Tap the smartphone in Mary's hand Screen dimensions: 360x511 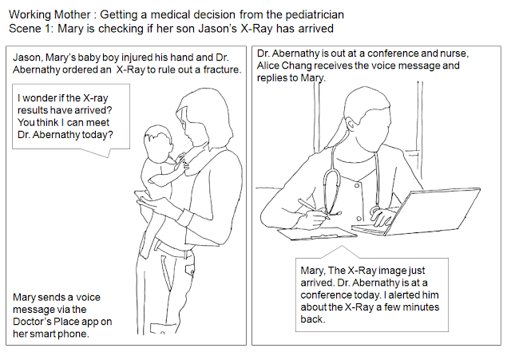pos(143,199)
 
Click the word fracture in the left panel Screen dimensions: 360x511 pos(220,70)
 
